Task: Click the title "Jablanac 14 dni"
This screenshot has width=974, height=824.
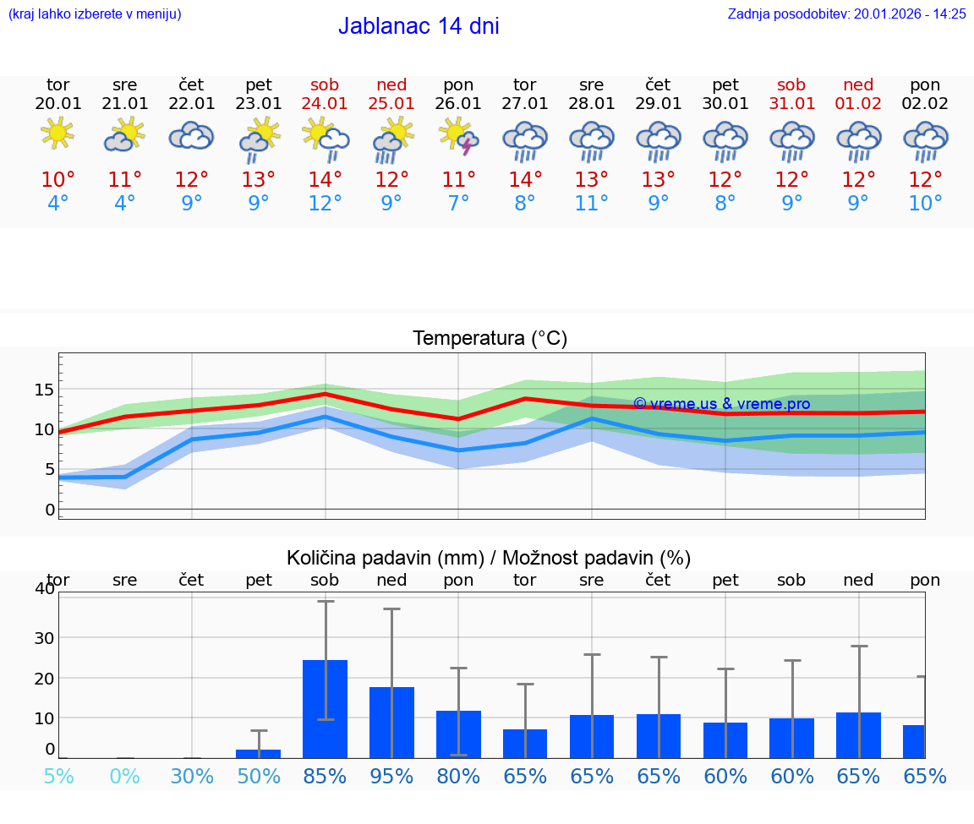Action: [x=419, y=26]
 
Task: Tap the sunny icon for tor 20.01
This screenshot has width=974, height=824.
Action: [x=57, y=134]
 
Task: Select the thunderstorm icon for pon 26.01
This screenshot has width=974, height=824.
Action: [x=459, y=136]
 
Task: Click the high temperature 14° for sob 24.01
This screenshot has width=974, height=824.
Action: [x=325, y=180]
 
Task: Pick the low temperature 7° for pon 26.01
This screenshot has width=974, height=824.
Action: [x=458, y=204]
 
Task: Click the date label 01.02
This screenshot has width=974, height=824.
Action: [x=859, y=104]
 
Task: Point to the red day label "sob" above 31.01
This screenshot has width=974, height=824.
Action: [x=791, y=85]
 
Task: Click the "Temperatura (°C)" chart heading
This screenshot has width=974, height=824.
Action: [x=490, y=339]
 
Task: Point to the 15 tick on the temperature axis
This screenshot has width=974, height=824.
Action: [x=44, y=390]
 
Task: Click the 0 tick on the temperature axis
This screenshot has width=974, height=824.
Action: [x=49, y=510]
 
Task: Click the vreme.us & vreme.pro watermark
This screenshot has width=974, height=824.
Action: [x=721, y=404]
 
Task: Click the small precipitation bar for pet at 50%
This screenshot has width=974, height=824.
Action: [x=259, y=753]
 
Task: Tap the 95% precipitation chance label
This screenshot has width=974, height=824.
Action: [x=391, y=776]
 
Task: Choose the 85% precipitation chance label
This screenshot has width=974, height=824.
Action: [x=325, y=776]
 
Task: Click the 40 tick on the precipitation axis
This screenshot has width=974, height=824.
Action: [x=44, y=589]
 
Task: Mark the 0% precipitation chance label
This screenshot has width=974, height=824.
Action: [x=124, y=776]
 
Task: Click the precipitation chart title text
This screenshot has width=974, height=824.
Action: [x=489, y=558]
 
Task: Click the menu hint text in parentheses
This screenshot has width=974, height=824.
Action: [x=95, y=14]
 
